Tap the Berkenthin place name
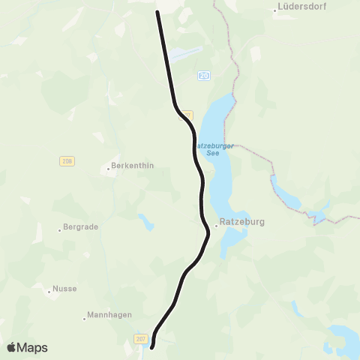pyautogui.click(x=132, y=166)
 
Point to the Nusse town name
pyautogui.click(x=64, y=289)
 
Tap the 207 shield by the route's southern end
pyautogui.click(x=141, y=339)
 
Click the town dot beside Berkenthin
pyautogui.click(x=108, y=167)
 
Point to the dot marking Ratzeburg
pyautogui.click(x=216, y=223)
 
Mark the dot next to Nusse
pyautogui.click(x=49, y=289)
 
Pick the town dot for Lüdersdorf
pyautogui.click(x=274, y=10)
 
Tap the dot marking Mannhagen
pyautogui.click(x=85, y=318)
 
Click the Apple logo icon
pyautogui.click(x=12, y=347)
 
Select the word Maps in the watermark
pyautogui.click(x=33, y=347)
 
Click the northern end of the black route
pyautogui.click(x=157, y=12)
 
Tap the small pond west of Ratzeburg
pyautogui.click(x=145, y=222)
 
